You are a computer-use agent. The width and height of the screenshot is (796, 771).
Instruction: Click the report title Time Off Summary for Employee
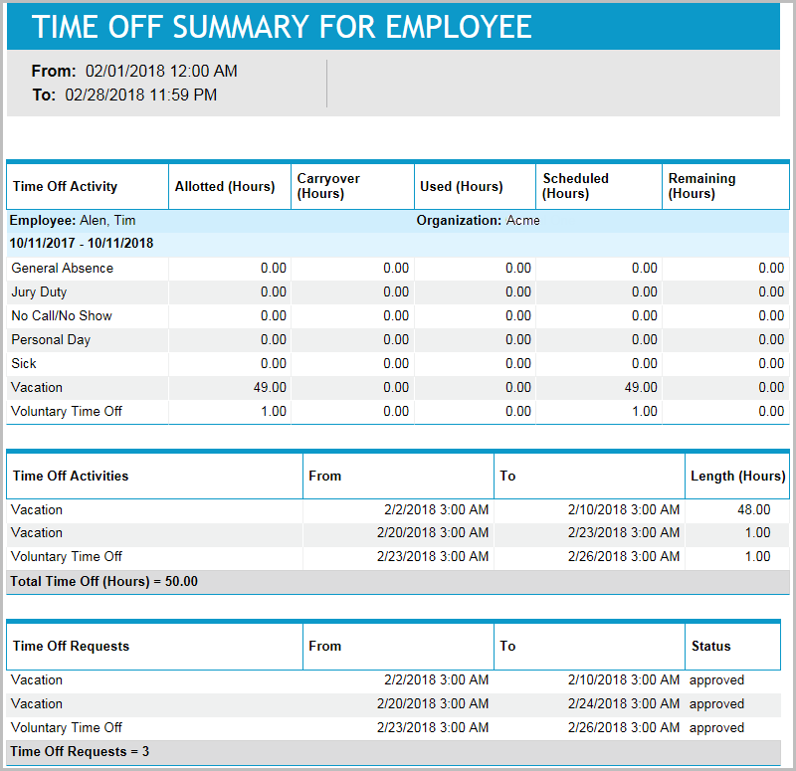click(x=282, y=27)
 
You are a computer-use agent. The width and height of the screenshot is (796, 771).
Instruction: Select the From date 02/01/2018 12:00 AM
click(x=161, y=72)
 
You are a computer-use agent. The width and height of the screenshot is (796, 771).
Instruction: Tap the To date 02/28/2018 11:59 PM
click(x=140, y=96)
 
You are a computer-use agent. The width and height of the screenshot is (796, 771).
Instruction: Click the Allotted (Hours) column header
click(x=225, y=186)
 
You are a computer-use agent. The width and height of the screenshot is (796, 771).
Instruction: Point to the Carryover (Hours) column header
click(x=328, y=186)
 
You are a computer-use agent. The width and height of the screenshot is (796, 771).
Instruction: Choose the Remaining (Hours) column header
click(x=701, y=186)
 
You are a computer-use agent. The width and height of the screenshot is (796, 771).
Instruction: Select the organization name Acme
click(x=522, y=220)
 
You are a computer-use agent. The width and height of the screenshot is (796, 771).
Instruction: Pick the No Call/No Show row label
click(x=62, y=315)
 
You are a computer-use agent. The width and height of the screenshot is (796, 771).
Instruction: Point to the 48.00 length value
click(x=752, y=509)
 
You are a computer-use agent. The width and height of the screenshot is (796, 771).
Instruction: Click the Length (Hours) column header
click(x=737, y=476)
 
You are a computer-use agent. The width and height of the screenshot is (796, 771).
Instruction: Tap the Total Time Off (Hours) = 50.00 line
click(x=104, y=581)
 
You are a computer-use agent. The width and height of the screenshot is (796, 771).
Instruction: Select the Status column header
click(x=710, y=646)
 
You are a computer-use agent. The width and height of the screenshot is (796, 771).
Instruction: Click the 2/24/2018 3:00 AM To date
click(x=624, y=703)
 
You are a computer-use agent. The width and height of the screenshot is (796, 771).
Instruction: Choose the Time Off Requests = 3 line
click(x=80, y=751)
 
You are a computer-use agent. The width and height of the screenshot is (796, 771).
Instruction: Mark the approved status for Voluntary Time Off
click(x=716, y=727)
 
